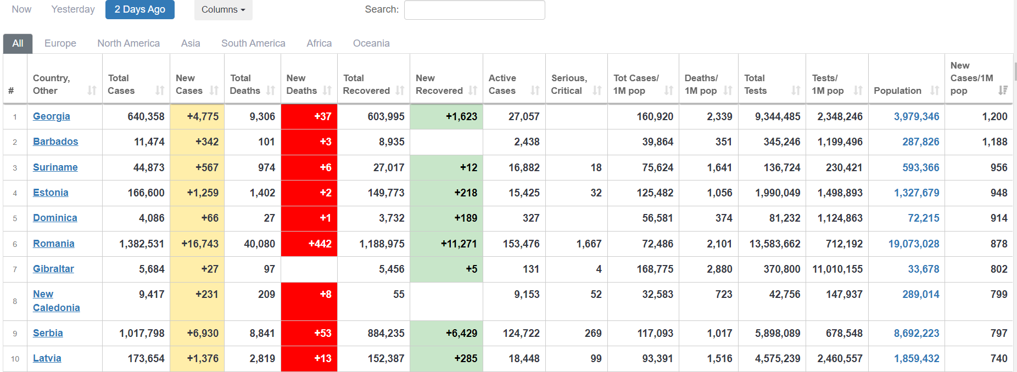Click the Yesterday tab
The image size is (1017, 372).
[72, 9]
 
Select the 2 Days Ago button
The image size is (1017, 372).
[140, 9]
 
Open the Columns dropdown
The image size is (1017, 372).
[223, 10]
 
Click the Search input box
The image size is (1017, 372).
[474, 10]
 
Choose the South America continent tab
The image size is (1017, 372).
[253, 43]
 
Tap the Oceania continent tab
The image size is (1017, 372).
[371, 43]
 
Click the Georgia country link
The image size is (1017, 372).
[52, 116]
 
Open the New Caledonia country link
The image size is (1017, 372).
[56, 301]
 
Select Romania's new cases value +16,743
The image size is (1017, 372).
[200, 244]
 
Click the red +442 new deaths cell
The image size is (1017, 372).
[309, 244]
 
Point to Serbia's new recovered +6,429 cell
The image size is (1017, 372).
[446, 333]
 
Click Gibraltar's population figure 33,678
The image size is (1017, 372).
[924, 269]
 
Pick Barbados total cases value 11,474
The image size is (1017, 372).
[149, 142]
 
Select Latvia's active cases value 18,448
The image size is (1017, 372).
[524, 358]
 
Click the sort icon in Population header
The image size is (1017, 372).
[935, 91]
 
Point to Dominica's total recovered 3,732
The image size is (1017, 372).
[392, 218]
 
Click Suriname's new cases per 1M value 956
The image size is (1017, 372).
[999, 167]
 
